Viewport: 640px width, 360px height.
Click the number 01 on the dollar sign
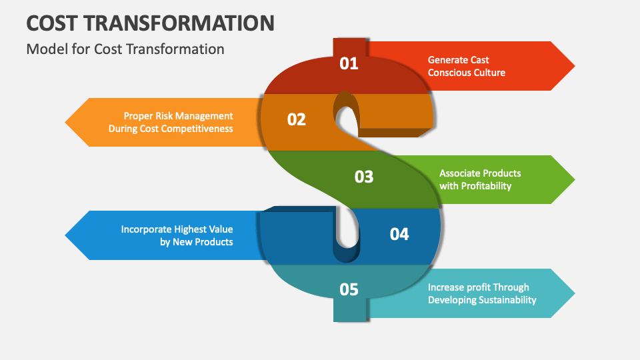point(349,64)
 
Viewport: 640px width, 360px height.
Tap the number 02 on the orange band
point(296,119)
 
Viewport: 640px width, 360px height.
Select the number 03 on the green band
point(364,177)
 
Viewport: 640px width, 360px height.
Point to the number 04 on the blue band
point(399,234)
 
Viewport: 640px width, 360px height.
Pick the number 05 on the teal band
point(349,289)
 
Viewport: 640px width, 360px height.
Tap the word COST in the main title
point(52,23)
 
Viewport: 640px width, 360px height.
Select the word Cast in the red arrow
point(479,60)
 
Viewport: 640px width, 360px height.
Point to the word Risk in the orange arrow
point(164,116)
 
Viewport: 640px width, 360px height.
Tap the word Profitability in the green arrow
point(486,186)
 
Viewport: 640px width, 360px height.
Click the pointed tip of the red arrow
point(575,66)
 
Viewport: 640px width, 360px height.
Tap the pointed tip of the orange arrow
point(65,122)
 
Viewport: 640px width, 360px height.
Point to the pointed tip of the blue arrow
point(65,235)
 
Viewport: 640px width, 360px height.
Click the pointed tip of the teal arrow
point(575,293)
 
